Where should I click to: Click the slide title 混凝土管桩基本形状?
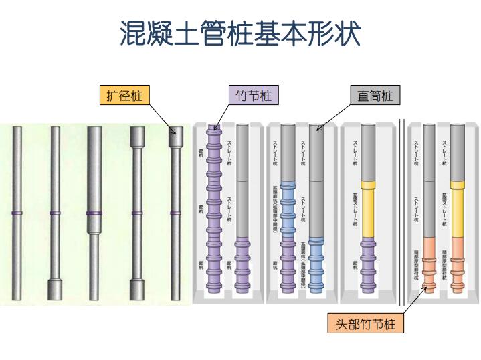240,34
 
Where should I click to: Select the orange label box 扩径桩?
124,96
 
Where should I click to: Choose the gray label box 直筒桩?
375,96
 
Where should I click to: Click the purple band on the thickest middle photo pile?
94,213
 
